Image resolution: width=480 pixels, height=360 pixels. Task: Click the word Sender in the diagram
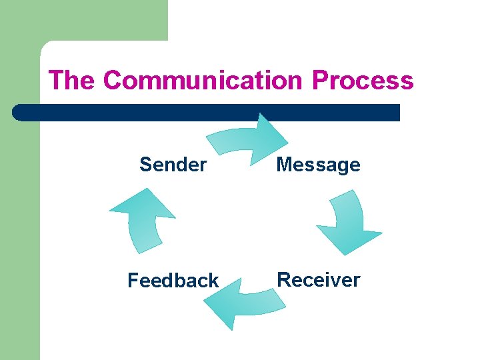click(173, 165)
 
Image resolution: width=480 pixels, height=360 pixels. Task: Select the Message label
click(318, 165)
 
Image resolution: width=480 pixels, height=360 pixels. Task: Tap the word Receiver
click(318, 280)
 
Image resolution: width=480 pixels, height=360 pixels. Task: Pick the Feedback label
click(173, 281)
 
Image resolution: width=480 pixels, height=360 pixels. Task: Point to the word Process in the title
click(363, 81)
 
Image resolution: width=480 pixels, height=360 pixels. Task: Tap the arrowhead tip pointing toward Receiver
click(343, 254)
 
